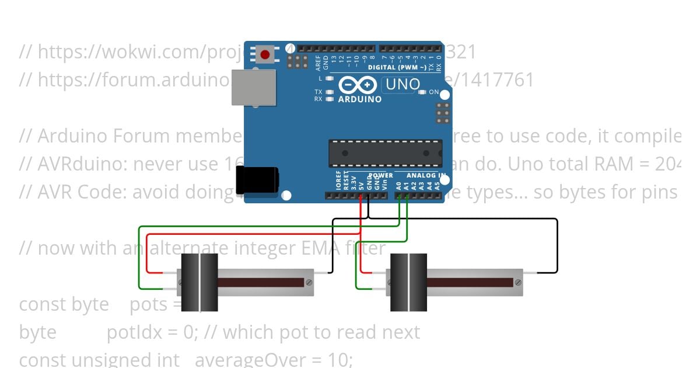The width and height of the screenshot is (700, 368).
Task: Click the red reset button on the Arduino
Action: point(265,55)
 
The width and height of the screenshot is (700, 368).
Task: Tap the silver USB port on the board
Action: point(253,88)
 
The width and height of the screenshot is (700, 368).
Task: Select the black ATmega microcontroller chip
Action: point(385,153)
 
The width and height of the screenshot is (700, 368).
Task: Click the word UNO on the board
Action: point(402,85)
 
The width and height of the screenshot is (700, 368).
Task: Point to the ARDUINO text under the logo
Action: point(359,99)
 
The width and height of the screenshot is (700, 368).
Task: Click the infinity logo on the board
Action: point(357,85)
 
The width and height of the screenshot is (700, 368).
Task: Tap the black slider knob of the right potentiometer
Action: point(408,282)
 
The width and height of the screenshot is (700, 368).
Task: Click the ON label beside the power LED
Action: point(434,92)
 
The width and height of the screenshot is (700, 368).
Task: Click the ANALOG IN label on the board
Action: point(426,175)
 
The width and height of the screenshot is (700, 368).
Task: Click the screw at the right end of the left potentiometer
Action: point(309,283)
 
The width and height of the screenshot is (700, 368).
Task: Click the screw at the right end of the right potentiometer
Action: point(517,283)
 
